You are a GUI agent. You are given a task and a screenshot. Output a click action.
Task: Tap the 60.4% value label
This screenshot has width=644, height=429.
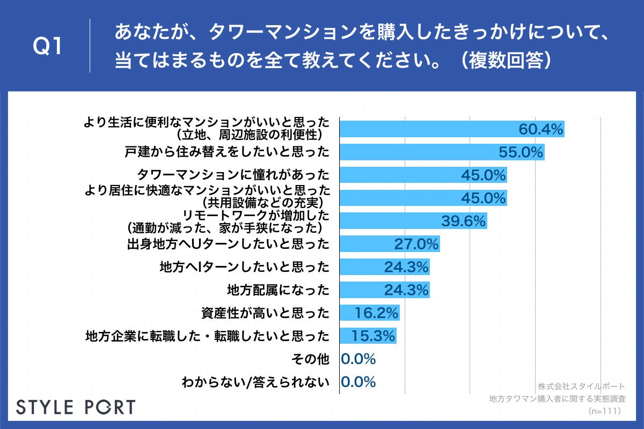point(541,129)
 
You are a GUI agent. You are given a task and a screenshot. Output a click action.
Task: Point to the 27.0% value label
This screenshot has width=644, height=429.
point(416,244)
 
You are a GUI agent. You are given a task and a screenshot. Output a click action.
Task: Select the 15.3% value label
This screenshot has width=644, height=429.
point(374,336)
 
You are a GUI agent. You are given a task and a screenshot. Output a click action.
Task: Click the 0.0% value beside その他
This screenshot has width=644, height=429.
point(358,359)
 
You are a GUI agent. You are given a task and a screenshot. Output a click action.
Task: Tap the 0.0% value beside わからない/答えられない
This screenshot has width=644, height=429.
point(358,382)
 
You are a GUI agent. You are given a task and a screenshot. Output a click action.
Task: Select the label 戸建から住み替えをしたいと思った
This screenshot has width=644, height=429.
point(226,152)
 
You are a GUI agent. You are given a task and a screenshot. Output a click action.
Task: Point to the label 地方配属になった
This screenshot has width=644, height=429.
point(277,290)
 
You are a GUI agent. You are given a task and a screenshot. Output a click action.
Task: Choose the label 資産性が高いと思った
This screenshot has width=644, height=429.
point(265,313)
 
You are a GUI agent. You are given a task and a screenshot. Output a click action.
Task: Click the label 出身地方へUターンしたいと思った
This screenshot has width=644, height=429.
point(228,244)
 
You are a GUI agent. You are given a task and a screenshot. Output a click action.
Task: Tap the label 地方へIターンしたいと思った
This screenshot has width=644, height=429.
point(244,267)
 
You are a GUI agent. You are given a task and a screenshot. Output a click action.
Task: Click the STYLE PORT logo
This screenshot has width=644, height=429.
point(76,407)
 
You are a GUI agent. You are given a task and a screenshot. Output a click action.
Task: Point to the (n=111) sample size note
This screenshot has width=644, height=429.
point(604,411)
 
